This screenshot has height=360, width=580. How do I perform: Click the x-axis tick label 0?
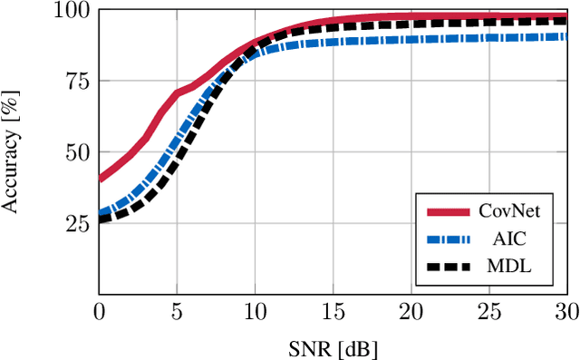pyautogui.click(x=99, y=312)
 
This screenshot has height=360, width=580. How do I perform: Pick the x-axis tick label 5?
pyautogui.click(x=177, y=312)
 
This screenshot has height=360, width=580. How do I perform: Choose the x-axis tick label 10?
pyautogui.click(x=255, y=312)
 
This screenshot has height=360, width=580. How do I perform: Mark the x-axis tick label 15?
pyautogui.click(x=333, y=312)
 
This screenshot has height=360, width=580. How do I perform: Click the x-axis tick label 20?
pyautogui.click(x=411, y=312)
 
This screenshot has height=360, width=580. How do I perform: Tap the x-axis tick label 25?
pyautogui.click(x=488, y=312)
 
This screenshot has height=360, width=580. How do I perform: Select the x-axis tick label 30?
pyautogui.click(x=566, y=312)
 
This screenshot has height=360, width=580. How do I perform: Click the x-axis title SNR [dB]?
pyautogui.click(x=333, y=346)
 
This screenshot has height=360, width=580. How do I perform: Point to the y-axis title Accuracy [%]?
pyautogui.click(x=13, y=152)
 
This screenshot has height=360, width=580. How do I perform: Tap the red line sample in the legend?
pyautogui.click(x=448, y=211)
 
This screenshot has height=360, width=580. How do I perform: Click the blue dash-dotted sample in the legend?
pyautogui.click(x=448, y=239)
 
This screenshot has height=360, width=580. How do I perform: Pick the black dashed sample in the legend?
pyautogui.click(x=448, y=268)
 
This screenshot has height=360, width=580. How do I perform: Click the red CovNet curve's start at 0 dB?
pyautogui.click(x=100, y=178)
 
